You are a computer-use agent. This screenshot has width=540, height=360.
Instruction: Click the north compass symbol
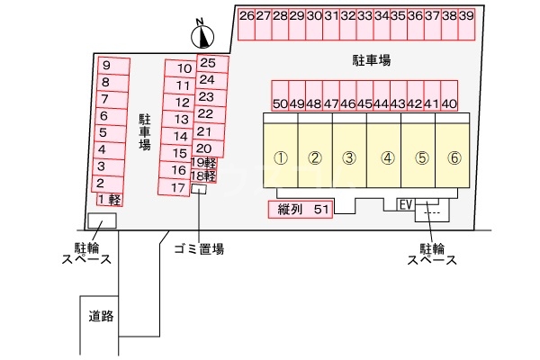pyautogui.click(x=204, y=36)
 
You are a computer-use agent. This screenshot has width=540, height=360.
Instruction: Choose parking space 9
pyautogui.click(x=106, y=66)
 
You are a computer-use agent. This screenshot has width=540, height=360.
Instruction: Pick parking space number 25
pyautogui.click(x=208, y=63)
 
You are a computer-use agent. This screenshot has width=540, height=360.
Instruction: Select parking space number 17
pyautogui.click(x=177, y=187)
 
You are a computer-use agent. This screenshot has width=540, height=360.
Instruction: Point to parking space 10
pyautogui.click(x=183, y=68)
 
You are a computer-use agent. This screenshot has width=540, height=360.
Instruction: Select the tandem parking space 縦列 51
pyautogui.click(x=301, y=210)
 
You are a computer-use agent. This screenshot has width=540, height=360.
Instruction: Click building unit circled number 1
pyautogui.click(x=280, y=157)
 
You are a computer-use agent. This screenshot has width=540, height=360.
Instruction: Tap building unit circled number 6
pyautogui.click(x=454, y=157)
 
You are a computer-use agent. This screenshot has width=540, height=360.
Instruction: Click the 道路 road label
pyautogui.click(x=100, y=316)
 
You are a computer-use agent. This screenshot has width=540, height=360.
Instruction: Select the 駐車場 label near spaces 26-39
pyautogui.click(x=371, y=60)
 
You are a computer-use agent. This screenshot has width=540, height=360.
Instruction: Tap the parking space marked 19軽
pyautogui.click(x=204, y=163)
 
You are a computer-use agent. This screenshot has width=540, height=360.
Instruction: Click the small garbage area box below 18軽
pyautogui.click(x=200, y=189)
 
